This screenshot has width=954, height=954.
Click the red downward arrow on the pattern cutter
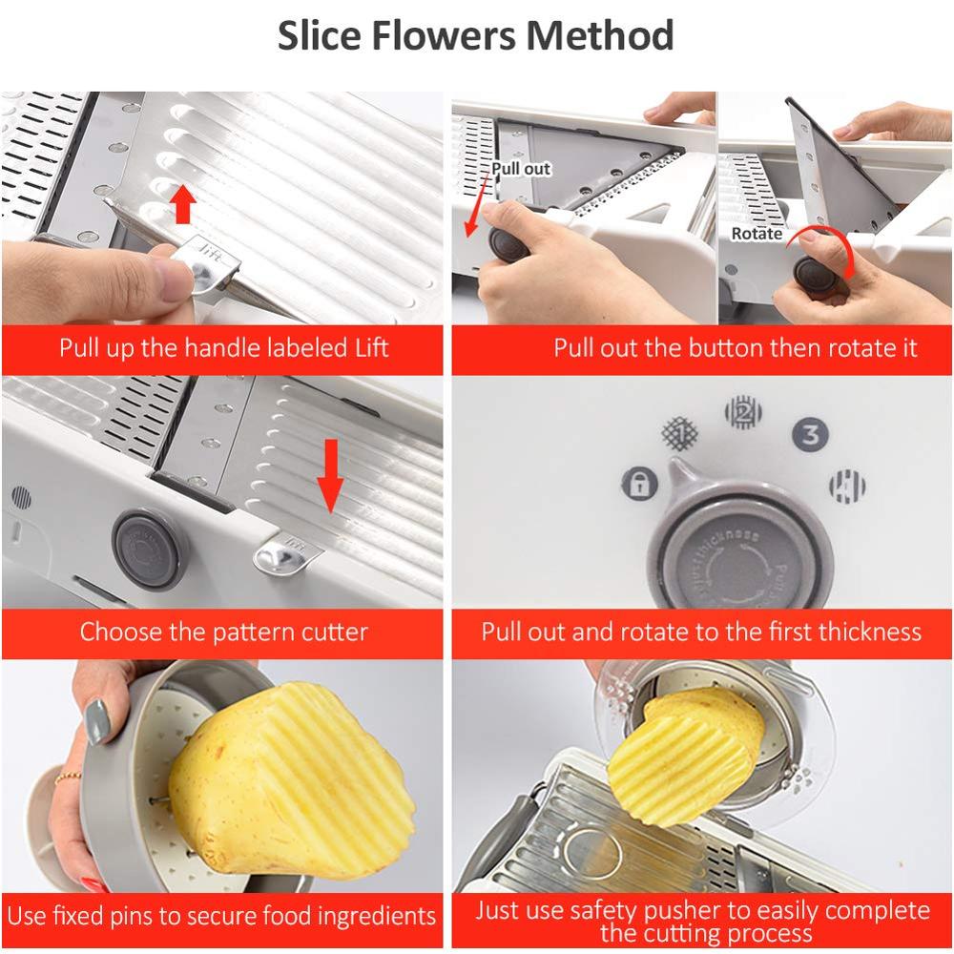330,475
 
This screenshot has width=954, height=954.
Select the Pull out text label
521,169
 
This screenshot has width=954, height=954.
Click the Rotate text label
757,234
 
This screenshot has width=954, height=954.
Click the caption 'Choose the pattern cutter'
223,632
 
